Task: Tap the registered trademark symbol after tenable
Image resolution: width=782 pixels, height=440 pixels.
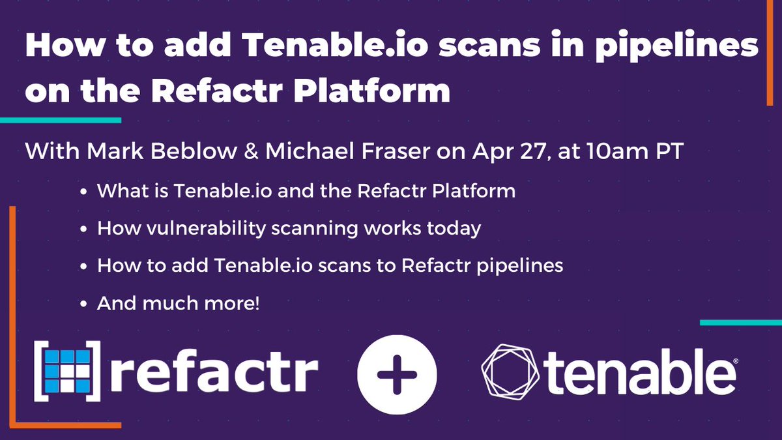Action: click(736, 360)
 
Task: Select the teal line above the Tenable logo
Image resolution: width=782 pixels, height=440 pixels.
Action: click(740, 323)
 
